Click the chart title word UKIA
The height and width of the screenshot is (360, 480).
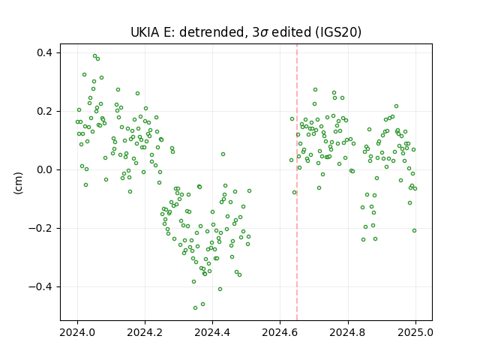pyautogui.click(x=145, y=32)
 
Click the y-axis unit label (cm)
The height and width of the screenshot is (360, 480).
pyautogui.click(x=18, y=183)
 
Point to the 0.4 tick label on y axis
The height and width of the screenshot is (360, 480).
pyautogui.click(x=45, y=52)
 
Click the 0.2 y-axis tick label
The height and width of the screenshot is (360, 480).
pyautogui.click(x=45, y=111)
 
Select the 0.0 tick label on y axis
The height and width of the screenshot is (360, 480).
pyautogui.click(x=45, y=169)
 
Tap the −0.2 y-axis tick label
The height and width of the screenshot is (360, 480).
pyautogui.click(x=41, y=228)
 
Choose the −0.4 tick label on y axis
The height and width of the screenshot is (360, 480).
pyautogui.click(x=41, y=286)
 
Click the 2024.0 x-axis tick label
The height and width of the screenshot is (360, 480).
pyautogui.click(x=77, y=332)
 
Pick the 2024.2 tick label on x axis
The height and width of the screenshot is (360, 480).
pyautogui.click(x=145, y=332)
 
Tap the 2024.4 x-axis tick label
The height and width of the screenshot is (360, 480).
pyautogui.click(x=212, y=332)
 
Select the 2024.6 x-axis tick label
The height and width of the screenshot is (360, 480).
pyautogui.click(x=280, y=332)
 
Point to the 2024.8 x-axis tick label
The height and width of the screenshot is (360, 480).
pyautogui.click(x=348, y=332)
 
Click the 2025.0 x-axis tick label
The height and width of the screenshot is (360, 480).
pyautogui.click(x=415, y=332)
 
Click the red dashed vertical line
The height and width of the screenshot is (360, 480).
pyautogui.click(x=297, y=182)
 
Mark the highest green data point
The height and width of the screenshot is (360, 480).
pyautogui.click(x=95, y=56)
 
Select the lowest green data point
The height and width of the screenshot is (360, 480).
pyautogui.click(x=195, y=307)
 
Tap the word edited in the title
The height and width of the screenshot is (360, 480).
pyautogui.click(x=291, y=32)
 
